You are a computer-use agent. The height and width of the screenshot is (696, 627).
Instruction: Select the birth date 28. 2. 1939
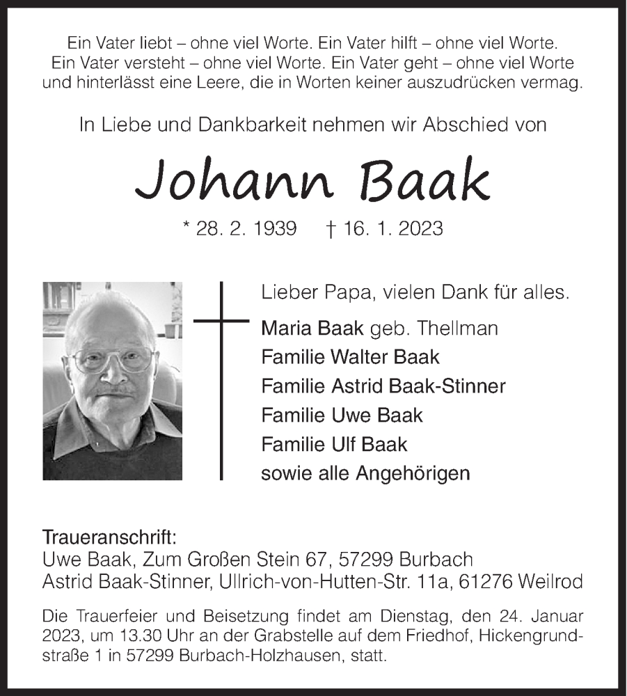click(x=248, y=228)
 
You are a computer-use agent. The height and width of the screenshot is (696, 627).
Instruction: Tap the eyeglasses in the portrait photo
click(x=113, y=359)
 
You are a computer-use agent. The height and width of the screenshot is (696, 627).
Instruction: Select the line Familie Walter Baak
click(x=350, y=357)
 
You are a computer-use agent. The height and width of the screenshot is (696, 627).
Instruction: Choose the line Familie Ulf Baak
click(x=334, y=444)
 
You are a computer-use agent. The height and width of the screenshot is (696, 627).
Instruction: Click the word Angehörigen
click(x=413, y=473)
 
